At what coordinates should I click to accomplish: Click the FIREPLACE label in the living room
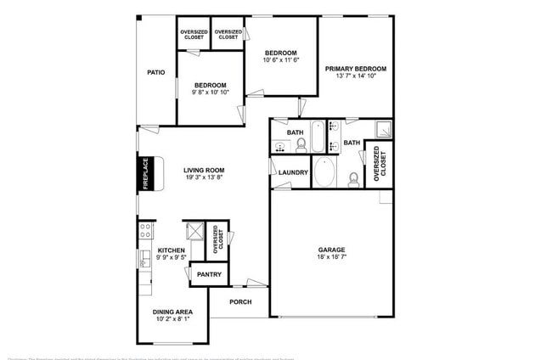pyautogui.click(x=145, y=173)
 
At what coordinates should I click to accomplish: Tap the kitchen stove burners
pyautogui.click(x=145, y=228)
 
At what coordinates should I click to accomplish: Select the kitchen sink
pyautogui.click(x=143, y=258)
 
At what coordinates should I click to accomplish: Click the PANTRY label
pyautogui.click(x=209, y=274)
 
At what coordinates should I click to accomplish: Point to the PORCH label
pyautogui.click(x=239, y=301)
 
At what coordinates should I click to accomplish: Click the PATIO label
pyautogui.click(x=155, y=73)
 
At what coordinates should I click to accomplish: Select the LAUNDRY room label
pyautogui.click(x=293, y=172)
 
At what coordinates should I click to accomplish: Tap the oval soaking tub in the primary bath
pyautogui.click(x=324, y=173)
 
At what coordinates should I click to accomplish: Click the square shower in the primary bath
pyautogui.click(x=383, y=131)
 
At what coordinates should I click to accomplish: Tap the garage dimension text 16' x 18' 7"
pyautogui.click(x=332, y=257)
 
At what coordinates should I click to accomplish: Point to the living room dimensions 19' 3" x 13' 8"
pyautogui.click(x=204, y=178)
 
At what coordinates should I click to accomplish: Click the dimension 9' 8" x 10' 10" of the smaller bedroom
pyautogui.click(x=210, y=93)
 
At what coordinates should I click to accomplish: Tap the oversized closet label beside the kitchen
pyautogui.click(x=218, y=239)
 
